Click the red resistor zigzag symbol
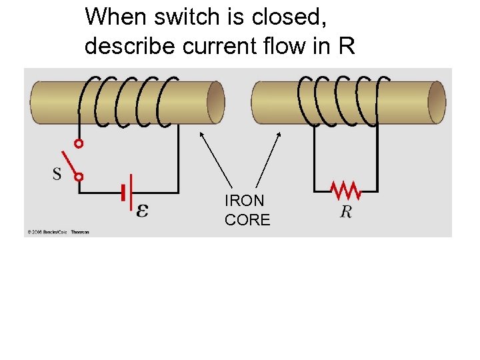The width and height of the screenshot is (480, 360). coord(346,192)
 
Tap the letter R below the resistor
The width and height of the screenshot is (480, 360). coord(346,212)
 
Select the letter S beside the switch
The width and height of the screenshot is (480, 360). coord(57,174)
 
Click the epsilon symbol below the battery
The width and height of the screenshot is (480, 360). coord(142,211)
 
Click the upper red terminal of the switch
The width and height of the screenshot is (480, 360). coord(79,143)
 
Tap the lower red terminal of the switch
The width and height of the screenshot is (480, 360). coord(79,177)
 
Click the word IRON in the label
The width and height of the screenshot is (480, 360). coord(244,201)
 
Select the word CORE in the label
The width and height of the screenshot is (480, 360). coord(247,220)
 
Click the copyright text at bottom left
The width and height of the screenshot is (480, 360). coord(58,232)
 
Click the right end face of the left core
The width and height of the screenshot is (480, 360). coord(215,102)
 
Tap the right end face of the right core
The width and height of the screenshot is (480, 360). coord(437,102)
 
